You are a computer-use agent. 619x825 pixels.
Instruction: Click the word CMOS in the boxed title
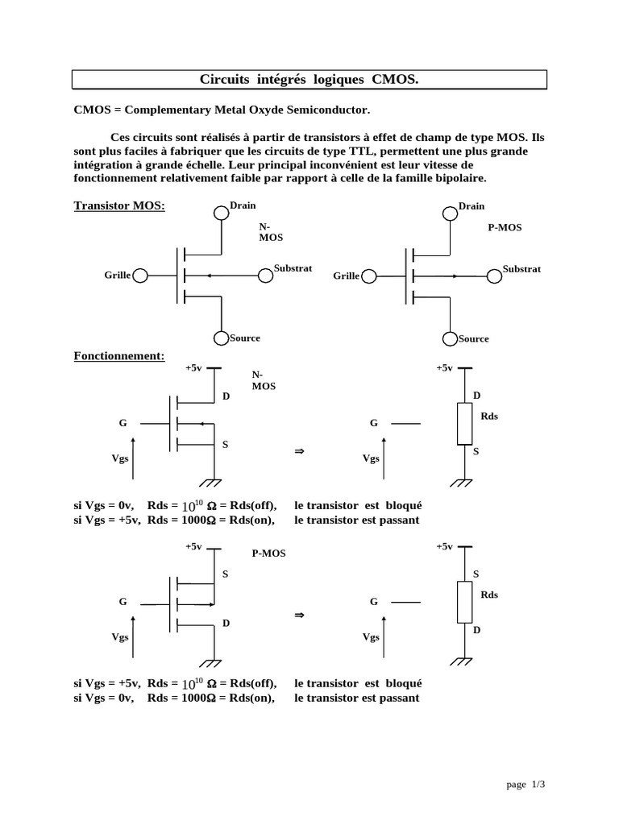[396, 79]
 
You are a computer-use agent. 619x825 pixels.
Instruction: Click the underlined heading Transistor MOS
[119, 205]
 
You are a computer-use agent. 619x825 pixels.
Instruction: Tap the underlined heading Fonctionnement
[119, 355]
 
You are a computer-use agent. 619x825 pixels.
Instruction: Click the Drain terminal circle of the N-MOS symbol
[222, 213]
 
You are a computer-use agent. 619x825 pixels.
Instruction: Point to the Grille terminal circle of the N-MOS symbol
[140, 276]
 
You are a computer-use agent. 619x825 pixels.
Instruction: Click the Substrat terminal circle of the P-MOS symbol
[494, 276]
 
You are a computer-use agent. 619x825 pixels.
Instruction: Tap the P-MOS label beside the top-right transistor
[505, 228]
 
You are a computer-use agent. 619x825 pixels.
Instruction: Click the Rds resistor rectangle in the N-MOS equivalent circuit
[465, 424]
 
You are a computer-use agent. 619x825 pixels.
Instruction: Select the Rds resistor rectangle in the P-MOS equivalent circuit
[465, 602]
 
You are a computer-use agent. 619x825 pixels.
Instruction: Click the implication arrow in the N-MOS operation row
[300, 452]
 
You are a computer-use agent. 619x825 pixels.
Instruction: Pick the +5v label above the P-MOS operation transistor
[193, 546]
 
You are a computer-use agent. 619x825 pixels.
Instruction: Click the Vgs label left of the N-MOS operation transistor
[120, 458]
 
